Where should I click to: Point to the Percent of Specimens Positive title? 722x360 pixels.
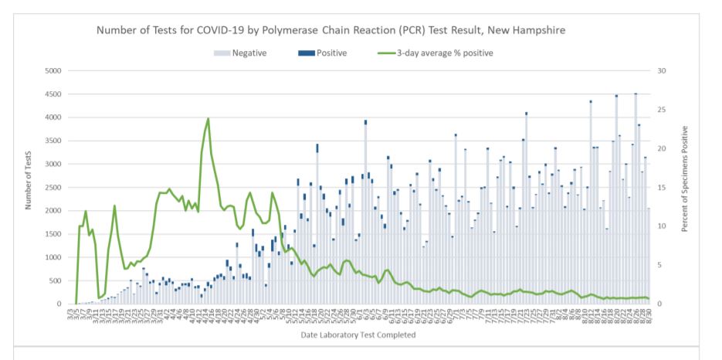(x=685, y=178)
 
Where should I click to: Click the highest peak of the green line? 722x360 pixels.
(x=208, y=119)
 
